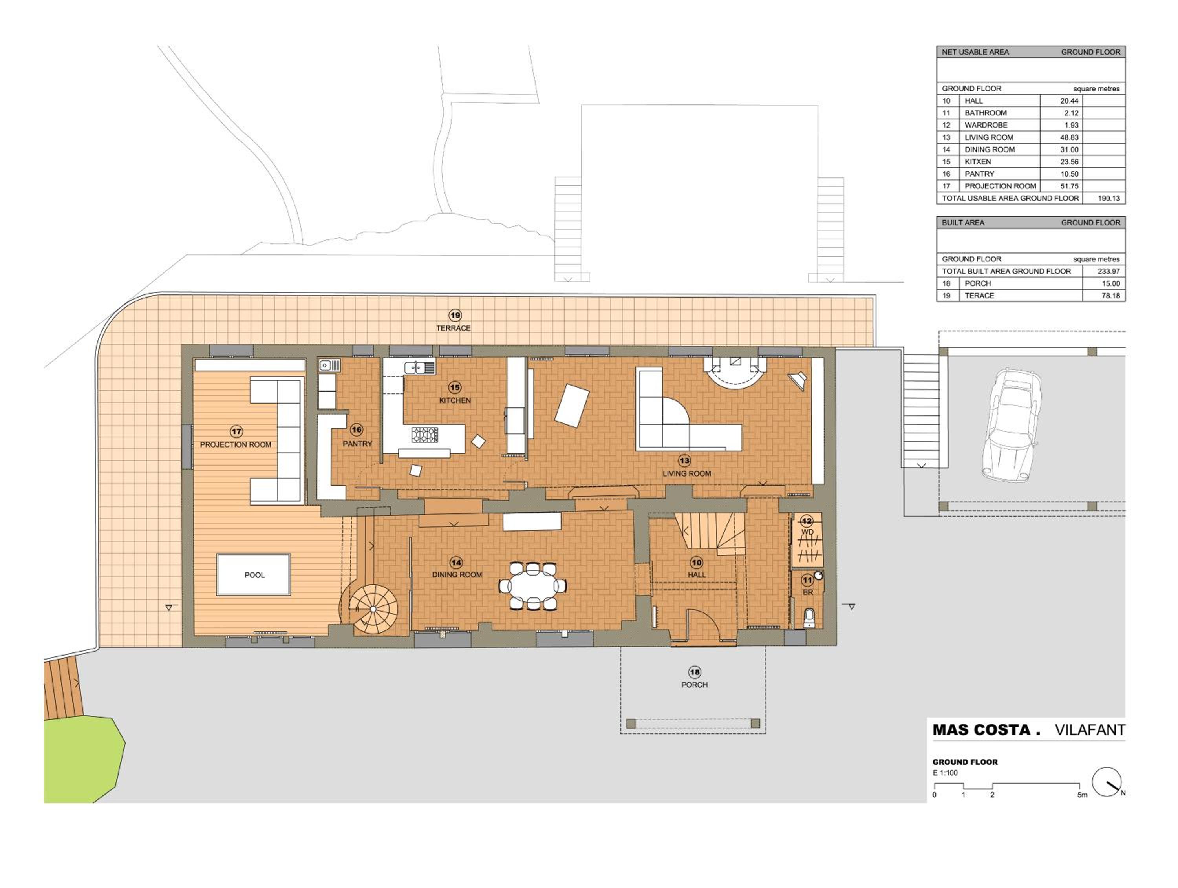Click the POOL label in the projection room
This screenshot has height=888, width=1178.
coord(254,575)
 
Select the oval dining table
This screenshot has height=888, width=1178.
coord(532,586)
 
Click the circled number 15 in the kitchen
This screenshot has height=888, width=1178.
coord(454,387)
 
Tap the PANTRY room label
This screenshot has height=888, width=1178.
coord(357,444)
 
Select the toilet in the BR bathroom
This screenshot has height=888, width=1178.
coord(809,618)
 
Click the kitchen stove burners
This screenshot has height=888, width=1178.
coord(424,435)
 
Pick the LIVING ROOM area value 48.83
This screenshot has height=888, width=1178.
coord(1069,137)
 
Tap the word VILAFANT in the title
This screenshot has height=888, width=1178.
coord(1090,730)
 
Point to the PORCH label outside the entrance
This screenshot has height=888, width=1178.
coord(695,685)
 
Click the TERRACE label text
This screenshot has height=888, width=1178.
coord(453,328)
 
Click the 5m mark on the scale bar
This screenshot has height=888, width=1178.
coord(1082,795)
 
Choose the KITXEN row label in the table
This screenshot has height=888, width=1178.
coord(978,162)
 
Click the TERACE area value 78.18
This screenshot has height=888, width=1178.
coord(1110,296)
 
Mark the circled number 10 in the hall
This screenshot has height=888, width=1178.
coord(696,562)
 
